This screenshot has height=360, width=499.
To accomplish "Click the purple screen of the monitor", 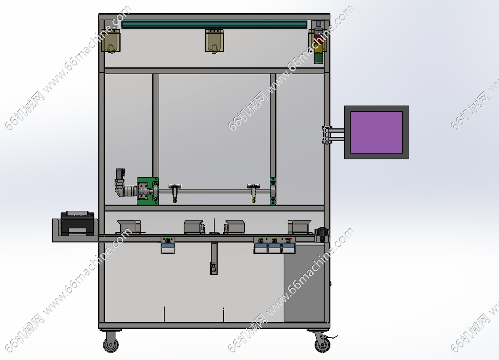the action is tap(376, 132).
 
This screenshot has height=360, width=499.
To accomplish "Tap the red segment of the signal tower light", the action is tap(319, 39).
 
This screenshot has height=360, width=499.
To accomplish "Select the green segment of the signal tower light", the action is tap(319, 58).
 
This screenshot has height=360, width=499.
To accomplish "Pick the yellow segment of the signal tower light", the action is tap(319, 48).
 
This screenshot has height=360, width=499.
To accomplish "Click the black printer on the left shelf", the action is tap(77, 223).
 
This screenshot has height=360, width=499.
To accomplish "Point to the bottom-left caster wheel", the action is tap(111, 345).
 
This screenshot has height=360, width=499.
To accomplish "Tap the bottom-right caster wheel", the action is tap(322, 345).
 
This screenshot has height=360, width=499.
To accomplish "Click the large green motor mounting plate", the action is tap(148, 191).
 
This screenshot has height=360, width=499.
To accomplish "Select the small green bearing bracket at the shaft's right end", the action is tap(273, 191).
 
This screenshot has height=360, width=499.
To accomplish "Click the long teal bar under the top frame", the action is tap(214, 25).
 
